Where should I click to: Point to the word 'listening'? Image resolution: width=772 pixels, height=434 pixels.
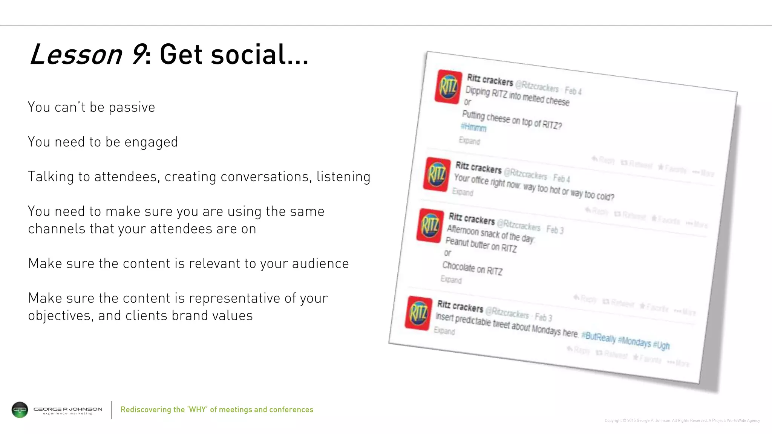coord(343,177)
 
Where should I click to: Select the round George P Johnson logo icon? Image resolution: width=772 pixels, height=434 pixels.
coord(20,410)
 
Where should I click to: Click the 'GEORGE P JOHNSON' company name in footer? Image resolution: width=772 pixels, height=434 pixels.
coord(68,409)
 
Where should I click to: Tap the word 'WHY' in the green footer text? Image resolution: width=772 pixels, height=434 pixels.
coord(198,410)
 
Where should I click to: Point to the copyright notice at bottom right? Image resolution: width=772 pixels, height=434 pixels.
coord(682,420)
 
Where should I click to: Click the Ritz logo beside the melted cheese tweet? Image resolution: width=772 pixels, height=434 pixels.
coord(448,87)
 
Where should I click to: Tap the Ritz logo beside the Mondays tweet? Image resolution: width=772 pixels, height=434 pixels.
coord(418,313)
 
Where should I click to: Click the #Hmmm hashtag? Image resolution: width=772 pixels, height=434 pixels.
coord(473,127)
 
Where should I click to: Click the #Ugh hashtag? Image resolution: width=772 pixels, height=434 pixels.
coord(662,345)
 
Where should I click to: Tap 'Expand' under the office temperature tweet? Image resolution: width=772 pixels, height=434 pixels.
coord(463,192)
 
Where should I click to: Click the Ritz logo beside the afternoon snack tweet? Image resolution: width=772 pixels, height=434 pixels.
coord(430,225)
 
